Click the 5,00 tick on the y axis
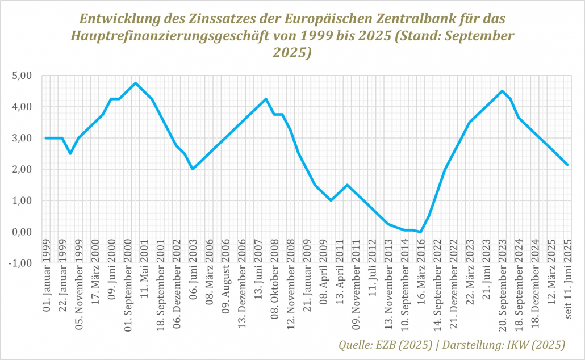click(x=24, y=76)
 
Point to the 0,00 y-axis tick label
click(x=24, y=232)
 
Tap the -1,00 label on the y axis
click(x=23, y=263)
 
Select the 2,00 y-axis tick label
click(x=24, y=170)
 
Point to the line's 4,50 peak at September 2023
click(x=502, y=91)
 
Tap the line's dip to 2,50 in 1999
click(x=70, y=153)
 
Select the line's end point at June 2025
click(x=567, y=165)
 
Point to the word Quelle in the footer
click(x=355, y=344)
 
